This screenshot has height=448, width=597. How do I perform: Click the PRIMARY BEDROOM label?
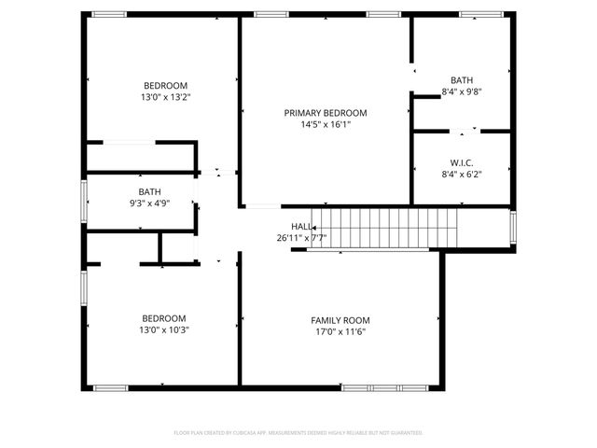326,113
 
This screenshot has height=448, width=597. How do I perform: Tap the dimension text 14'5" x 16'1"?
326,124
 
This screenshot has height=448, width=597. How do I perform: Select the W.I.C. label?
461,161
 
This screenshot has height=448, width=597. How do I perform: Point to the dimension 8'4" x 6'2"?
461,173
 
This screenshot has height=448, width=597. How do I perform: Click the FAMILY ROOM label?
340,320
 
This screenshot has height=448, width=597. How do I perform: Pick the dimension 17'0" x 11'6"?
340,331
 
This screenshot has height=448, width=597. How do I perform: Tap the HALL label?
301,227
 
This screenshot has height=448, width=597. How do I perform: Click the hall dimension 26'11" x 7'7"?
301,238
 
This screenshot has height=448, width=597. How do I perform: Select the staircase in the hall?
384,230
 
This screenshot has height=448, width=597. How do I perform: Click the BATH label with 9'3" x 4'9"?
149,191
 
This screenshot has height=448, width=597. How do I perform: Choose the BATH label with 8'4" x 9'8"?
461,80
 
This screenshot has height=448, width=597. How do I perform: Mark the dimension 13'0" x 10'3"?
163,329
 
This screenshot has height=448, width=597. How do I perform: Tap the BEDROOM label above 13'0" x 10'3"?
163,318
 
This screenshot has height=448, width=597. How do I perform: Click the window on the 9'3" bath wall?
84,199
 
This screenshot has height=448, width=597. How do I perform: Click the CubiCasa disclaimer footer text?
298,433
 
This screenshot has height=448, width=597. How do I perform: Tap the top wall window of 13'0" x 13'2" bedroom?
109,14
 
